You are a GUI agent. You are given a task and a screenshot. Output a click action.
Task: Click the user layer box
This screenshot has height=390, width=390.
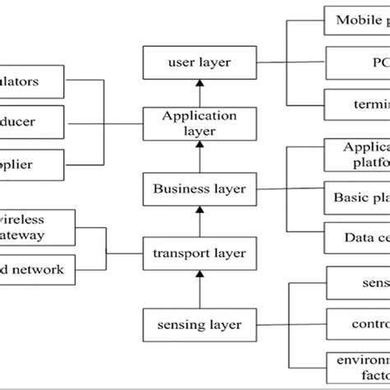pos(199,62)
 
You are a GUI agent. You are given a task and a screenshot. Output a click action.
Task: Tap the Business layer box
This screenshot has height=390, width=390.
pos(199,188)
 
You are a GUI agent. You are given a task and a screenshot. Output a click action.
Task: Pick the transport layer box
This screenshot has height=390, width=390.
pos(199,253)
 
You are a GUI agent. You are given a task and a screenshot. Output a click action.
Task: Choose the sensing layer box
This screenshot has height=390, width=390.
pos(199,324)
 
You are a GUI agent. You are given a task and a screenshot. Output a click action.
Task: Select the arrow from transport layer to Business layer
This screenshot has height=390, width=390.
pos(199,221)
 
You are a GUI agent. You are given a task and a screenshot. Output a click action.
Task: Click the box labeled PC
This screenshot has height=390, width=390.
pos(357,62)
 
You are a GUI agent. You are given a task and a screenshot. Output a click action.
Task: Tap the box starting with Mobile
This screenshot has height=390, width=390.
pos(357,21)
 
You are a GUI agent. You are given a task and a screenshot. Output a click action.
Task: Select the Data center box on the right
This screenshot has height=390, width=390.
pos(357,239)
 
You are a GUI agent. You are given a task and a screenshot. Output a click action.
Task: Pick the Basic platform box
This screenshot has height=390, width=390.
pos(357,197)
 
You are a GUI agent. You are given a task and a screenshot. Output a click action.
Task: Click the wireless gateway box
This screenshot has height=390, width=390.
pos(38,228)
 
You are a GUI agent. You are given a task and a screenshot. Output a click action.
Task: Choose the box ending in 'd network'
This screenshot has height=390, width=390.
pos(38,269)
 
